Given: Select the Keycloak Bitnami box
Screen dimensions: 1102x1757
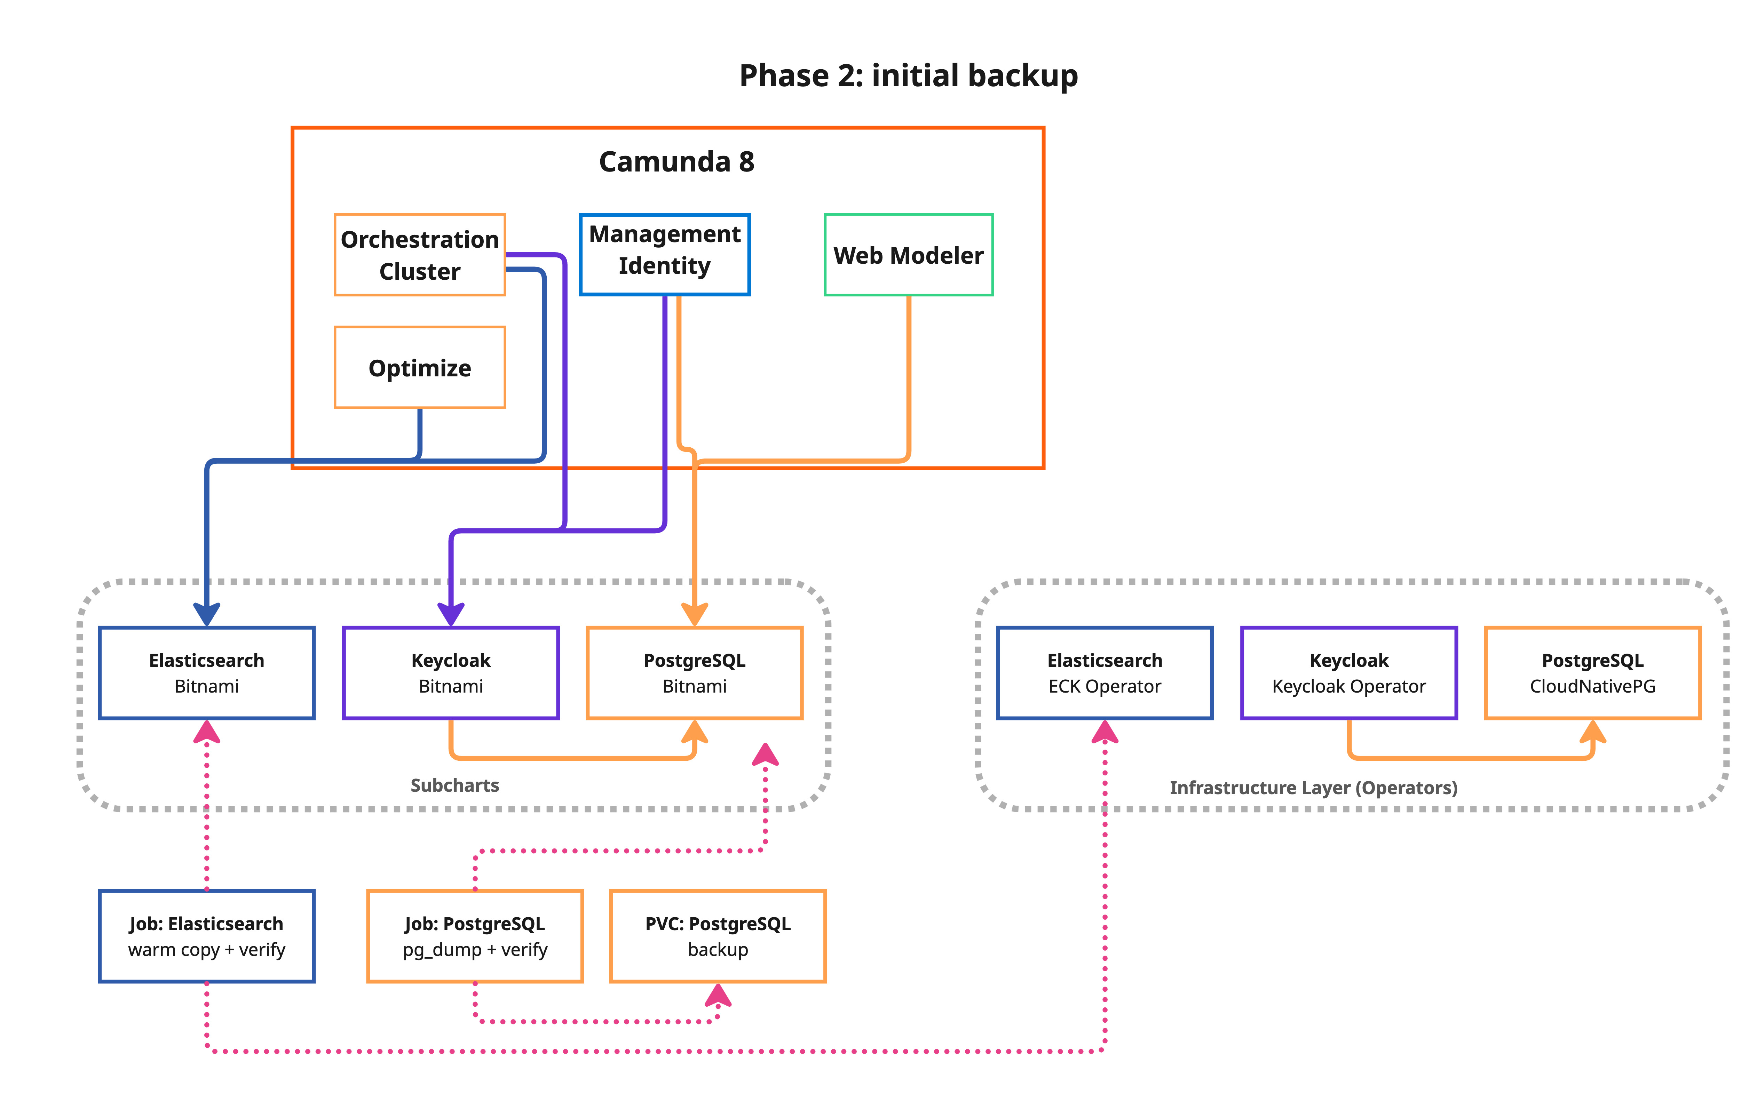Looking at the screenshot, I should tap(451, 673).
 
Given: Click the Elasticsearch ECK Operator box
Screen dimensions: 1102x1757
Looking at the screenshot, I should tap(1105, 673).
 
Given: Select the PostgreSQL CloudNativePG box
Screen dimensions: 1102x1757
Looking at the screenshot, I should tap(1592, 673).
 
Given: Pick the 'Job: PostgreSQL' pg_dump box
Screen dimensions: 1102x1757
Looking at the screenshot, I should tap(475, 936).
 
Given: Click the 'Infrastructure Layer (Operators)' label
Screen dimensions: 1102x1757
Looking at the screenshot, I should tap(1313, 788).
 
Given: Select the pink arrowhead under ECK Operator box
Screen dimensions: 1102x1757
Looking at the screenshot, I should tap(1105, 733).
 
